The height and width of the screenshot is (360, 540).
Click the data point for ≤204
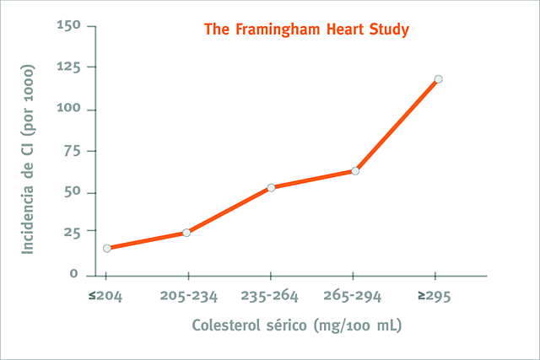pos(107,248)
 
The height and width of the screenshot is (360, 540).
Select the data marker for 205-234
pos(186,233)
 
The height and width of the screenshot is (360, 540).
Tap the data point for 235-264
pos(271,187)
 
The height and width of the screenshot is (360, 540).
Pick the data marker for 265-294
pos(355,171)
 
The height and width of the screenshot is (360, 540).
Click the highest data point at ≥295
pos(438,79)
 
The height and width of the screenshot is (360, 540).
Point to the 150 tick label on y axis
pos(67,25)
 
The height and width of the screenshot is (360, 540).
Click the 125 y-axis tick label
pos(67,67)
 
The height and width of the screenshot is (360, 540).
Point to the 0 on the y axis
pos(74,274)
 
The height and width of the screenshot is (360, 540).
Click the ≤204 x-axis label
pos(105,297)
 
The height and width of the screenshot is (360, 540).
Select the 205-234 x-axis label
pos(188,297)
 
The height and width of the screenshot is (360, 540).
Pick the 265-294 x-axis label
pos(354,297)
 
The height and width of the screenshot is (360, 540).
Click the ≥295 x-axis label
pos(436,297)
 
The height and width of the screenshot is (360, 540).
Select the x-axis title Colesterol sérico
pos(250,325)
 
